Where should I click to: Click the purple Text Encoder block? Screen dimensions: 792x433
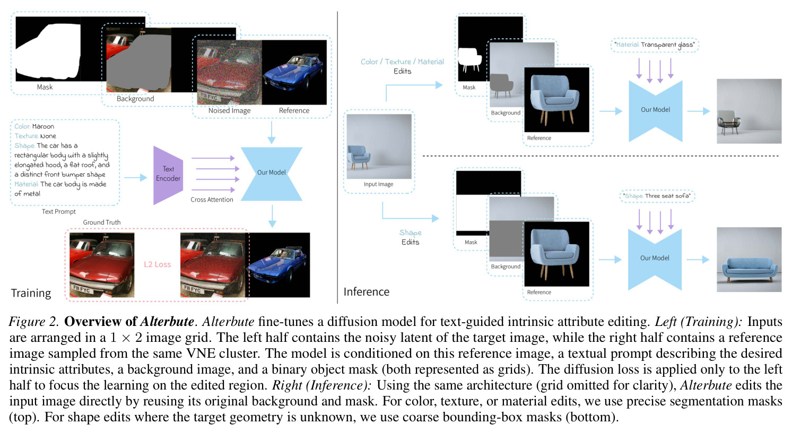[168, 175]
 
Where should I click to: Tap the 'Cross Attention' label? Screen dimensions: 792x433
[212, 200]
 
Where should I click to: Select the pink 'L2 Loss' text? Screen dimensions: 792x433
[158, 264]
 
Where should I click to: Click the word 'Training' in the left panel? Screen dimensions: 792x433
[31, 293]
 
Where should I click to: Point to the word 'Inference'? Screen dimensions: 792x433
[367, 291]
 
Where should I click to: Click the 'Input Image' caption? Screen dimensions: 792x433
[378, 184]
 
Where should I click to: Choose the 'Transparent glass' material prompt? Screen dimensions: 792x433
[667, 45]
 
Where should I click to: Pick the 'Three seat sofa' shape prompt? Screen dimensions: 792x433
[667, 196]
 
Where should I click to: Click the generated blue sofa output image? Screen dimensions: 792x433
[749, 260]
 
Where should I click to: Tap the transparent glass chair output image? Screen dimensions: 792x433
[749, 111]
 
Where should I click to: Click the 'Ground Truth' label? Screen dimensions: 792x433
[102, 222]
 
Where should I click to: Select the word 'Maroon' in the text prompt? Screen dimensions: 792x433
[43, 127]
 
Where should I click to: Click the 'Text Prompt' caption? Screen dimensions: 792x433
[59, 211]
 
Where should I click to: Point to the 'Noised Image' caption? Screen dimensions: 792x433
[230, 111]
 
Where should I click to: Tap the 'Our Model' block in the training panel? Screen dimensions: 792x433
[272, 174]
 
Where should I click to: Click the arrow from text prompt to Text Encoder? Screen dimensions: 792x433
[136, 178]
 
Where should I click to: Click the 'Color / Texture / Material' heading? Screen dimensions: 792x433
[402, 62]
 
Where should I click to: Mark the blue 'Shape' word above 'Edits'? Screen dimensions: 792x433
[411, 233]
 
